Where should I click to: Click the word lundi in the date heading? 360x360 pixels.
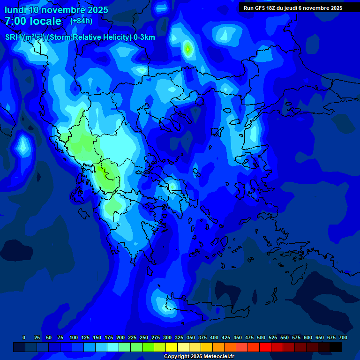pyautogui.click(x=15, y=10)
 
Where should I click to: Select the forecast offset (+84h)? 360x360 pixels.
pyautogui.click(x=81, y=21)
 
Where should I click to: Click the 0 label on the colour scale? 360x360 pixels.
pyautogui.click(x=24, y=338)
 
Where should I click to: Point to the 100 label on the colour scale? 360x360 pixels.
pyautogui.click(x=74, y=338)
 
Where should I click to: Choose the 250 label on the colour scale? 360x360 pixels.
pyautogui.click(x=144, y=338)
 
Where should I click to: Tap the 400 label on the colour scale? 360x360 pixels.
pyautogui.click(x=214, y=338)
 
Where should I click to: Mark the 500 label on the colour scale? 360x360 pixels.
pyautogui.click(x=261, y=338)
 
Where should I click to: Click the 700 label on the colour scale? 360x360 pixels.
pyautogui.click(x=343, y=338)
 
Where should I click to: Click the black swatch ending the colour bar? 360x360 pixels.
pyautogui.click(x=336, y=347)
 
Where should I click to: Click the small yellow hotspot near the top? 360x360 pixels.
pyautogui.click(x=187, y=48)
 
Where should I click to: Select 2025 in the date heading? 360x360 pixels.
pyautogui.click(x=97, y=10)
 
